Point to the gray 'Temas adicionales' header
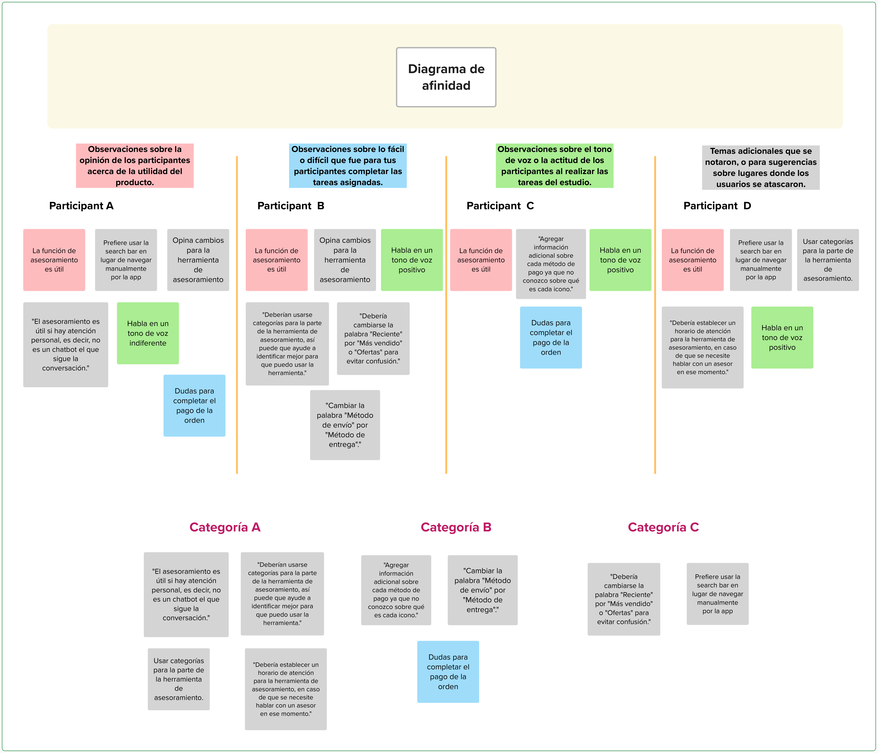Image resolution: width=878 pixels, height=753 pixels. [761, 167]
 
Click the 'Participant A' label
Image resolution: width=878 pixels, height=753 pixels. [81, 206]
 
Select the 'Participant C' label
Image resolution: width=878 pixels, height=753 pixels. [500, 206]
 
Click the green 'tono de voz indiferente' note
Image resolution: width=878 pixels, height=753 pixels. [148, 333]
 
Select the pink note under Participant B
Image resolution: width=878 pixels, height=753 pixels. [277, 260]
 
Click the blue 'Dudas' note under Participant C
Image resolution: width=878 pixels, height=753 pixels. [551, 337]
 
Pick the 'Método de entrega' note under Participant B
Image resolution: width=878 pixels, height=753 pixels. [345, 425]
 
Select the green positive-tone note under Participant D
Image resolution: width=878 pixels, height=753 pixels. [782, 337]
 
